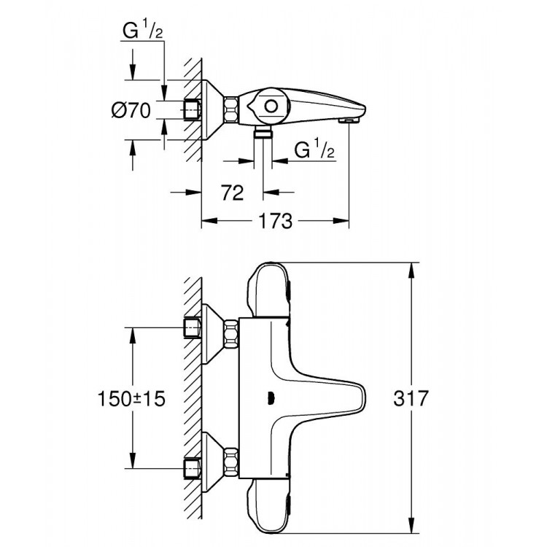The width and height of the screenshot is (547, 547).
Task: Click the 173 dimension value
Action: (276, 220)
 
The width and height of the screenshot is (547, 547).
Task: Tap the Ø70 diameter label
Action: (131, 111)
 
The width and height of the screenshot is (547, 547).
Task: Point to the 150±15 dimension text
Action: (131, 399)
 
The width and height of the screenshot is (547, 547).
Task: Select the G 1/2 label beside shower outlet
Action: (314, 150)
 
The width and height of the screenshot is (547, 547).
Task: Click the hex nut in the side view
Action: (231, 110)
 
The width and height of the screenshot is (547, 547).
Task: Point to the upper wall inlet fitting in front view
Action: (192, 329)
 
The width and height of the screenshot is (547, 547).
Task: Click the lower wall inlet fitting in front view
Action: (192, 466)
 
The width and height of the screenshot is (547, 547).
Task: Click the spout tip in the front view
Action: (364, 399)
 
